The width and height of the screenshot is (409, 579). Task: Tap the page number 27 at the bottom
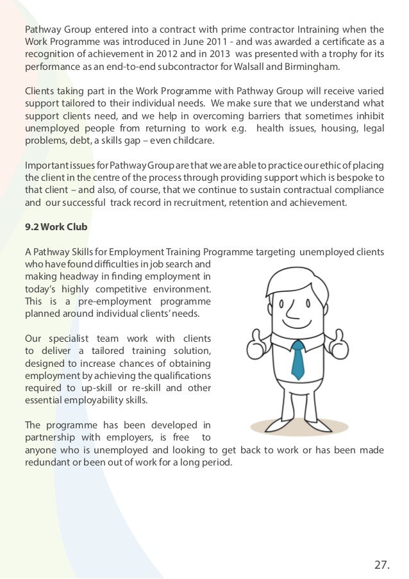(381, 565)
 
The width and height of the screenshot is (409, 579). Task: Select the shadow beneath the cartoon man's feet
(299, 426)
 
